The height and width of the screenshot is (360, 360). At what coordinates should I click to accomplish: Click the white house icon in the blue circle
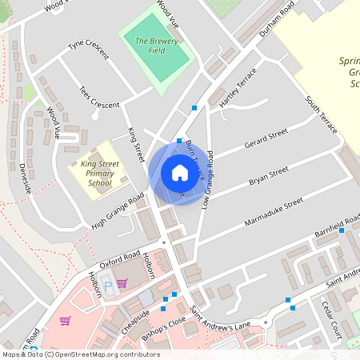point(179,172)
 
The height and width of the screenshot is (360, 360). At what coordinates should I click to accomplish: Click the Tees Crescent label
point(99,98)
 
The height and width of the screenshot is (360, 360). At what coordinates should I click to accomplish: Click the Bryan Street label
point(268,175)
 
